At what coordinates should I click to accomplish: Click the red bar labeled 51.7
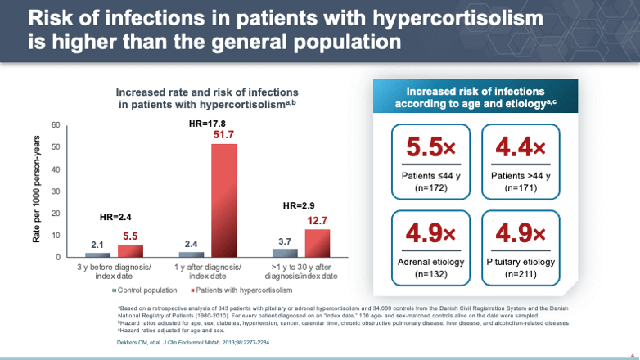224,200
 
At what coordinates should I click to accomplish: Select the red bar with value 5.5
130,251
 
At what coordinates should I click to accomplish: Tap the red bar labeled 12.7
318,243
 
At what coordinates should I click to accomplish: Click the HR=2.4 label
116,218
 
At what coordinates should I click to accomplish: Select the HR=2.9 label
300,205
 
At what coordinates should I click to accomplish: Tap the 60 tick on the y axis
56,125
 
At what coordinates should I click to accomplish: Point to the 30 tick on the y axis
56,191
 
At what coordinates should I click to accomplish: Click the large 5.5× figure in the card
430,149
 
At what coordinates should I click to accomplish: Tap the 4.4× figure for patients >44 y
520,149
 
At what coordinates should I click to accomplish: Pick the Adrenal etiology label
430,262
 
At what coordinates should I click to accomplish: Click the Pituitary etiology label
520,262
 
